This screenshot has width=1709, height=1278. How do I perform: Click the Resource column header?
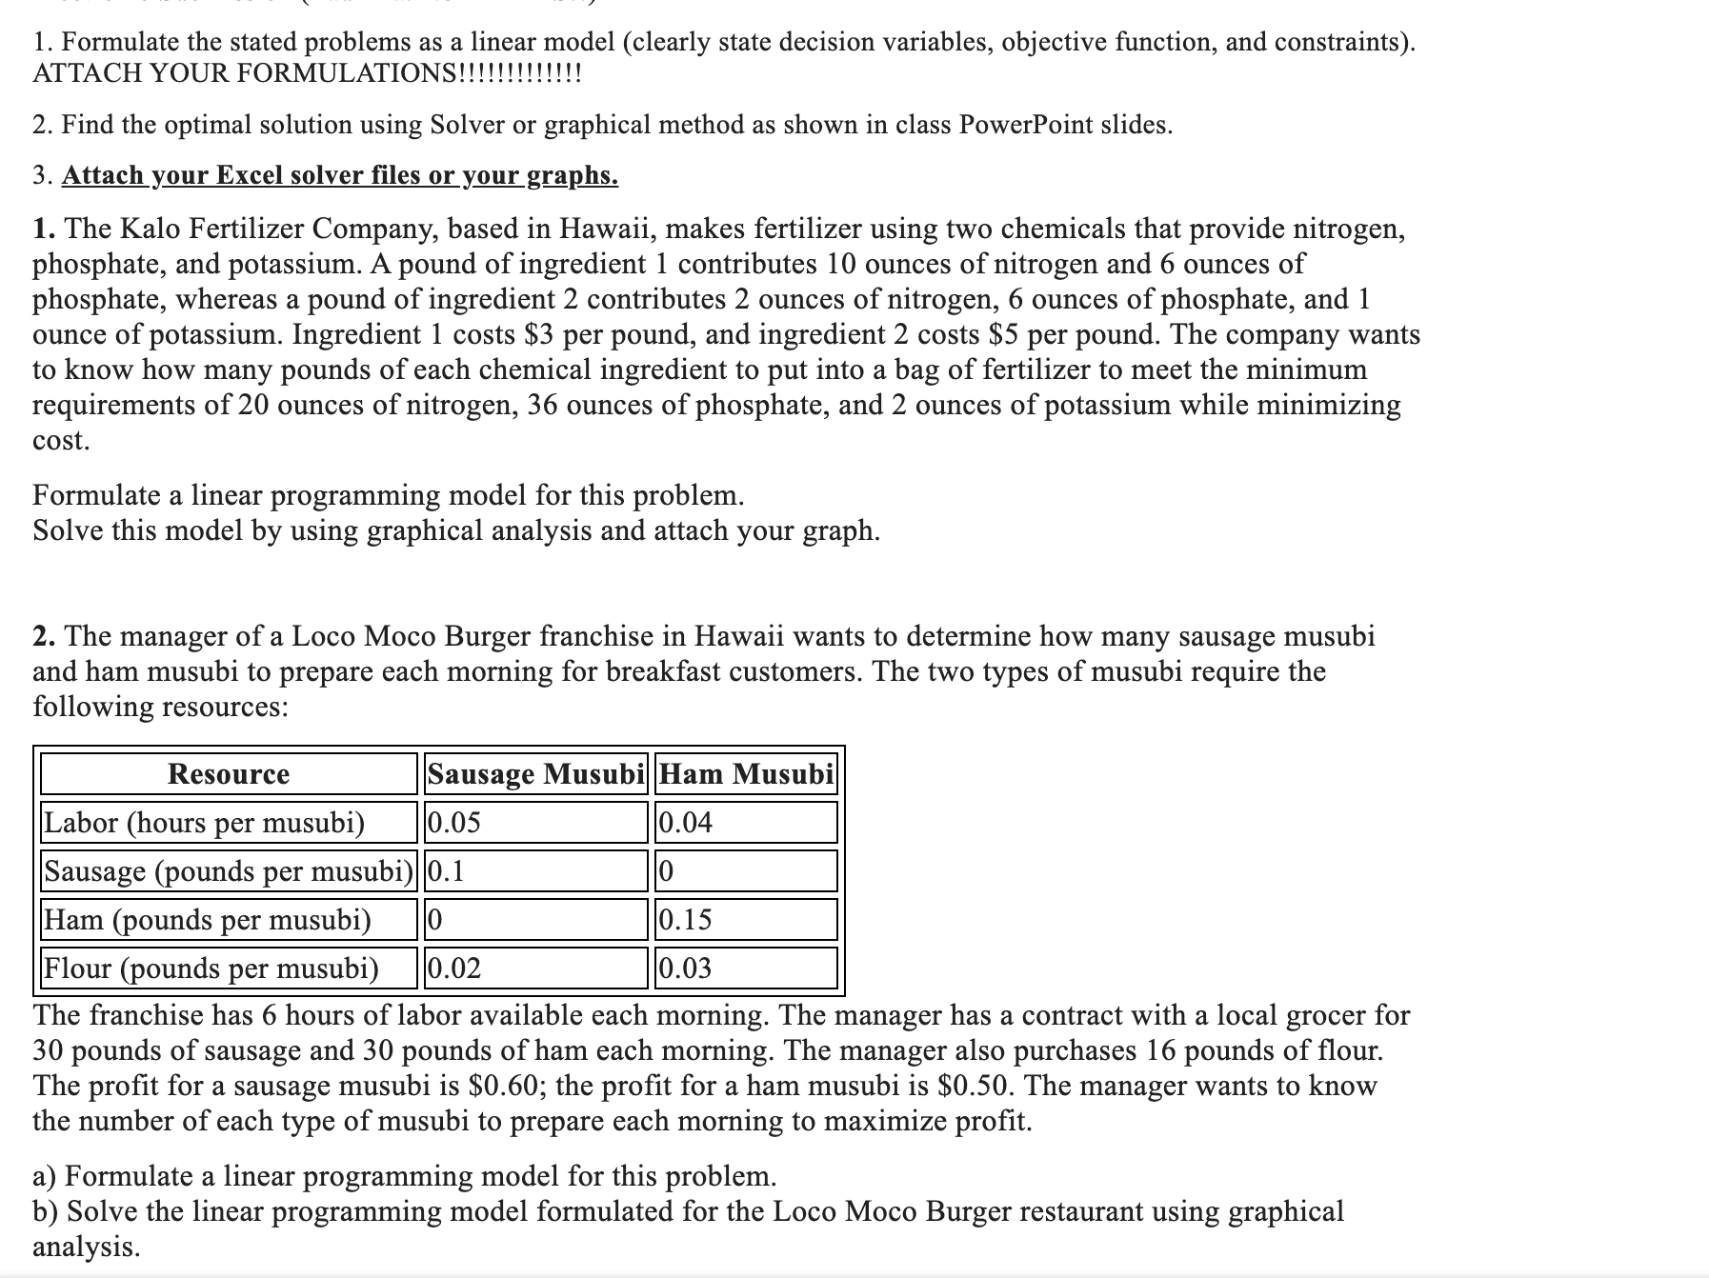tap(229, 773)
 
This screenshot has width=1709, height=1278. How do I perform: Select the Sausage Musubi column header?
tap(535, 773)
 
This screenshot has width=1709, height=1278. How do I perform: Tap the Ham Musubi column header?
tap(746, 773)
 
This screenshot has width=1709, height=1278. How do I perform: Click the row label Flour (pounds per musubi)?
tap(211, 968)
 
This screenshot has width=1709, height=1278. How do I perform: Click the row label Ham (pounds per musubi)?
tap(208, 919)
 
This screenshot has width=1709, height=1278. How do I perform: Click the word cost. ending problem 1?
tap(61, 440)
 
